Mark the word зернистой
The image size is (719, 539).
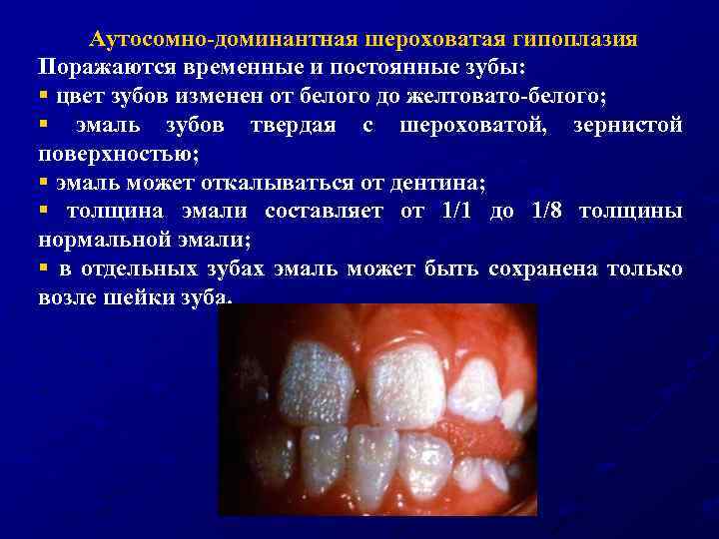[627, 127]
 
